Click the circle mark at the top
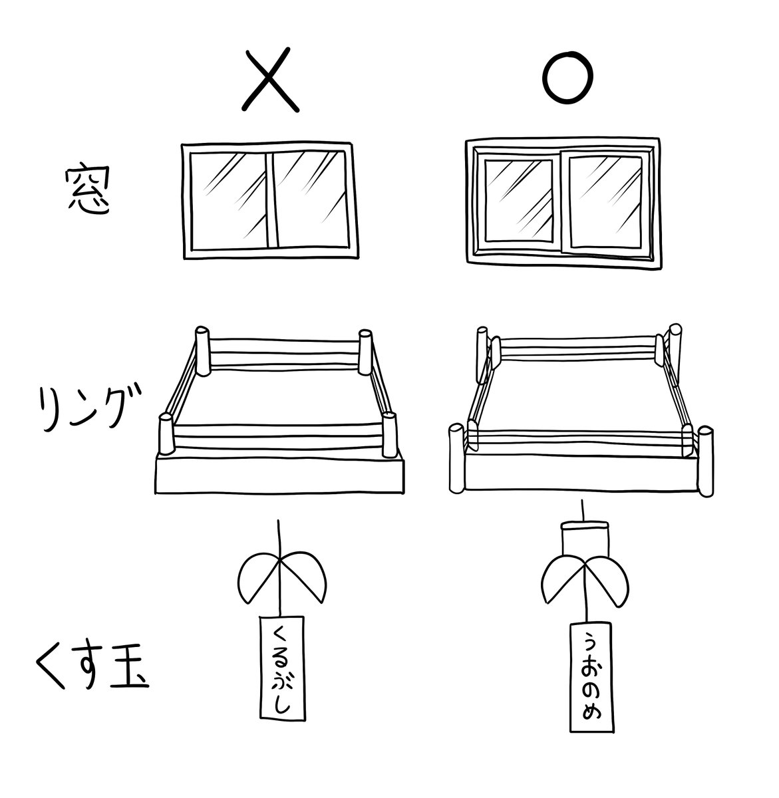click(567, 79)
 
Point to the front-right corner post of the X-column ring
click(390, 436)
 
